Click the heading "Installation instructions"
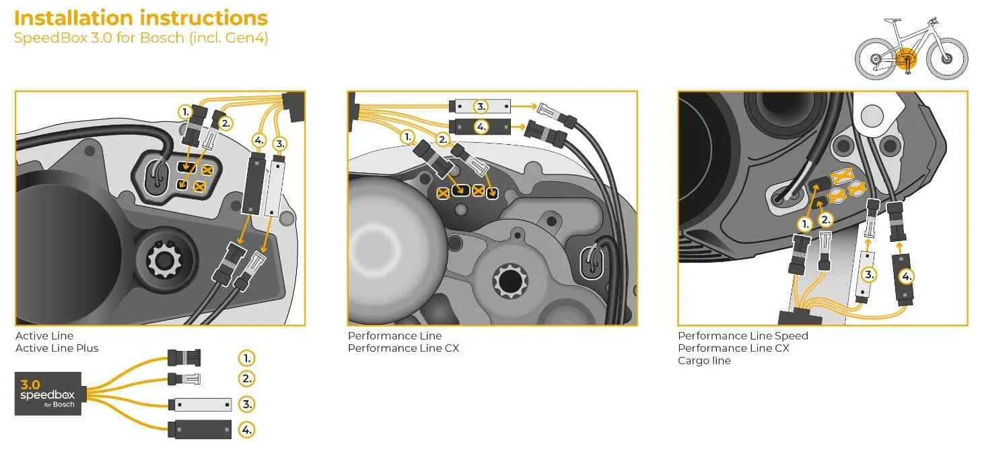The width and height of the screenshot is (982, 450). coord(141,18)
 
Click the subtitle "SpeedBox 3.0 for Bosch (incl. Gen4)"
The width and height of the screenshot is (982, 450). coord(141,38)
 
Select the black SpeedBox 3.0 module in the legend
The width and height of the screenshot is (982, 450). coord(48,393)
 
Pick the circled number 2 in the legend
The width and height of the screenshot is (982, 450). coord(247,379)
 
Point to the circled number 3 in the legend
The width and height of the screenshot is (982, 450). coord(247,404)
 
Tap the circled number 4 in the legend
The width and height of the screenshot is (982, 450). coord(247,428)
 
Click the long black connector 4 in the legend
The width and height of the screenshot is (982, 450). coord(199,428)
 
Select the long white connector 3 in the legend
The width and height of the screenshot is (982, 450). coord(199,405)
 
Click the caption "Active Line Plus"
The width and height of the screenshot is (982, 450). coord(57,348)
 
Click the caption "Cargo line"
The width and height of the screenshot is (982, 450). coord(704,360)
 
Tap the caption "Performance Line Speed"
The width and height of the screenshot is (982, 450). coord(742,335)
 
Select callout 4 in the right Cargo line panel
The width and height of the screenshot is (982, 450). coord(907,276)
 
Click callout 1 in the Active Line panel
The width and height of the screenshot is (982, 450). coord(185,111)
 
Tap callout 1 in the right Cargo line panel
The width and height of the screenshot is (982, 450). coord(804,223)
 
